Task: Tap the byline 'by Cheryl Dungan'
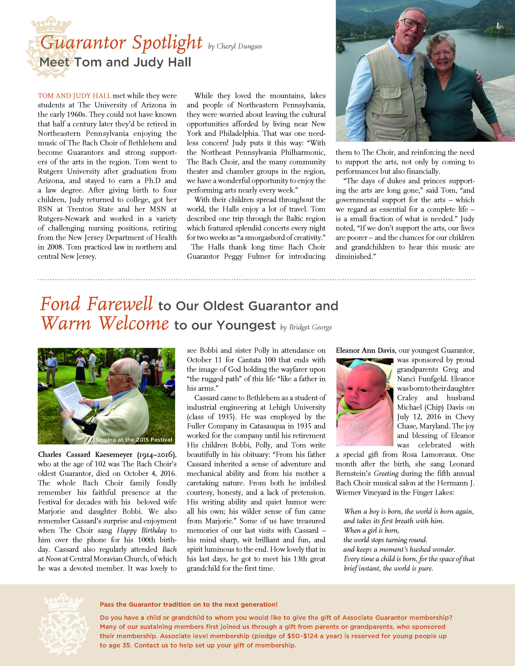coord(235,47)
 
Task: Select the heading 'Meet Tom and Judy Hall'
coord(115,62)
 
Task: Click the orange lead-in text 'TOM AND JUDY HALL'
coord(74,96)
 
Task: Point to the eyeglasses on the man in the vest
coord(413,24)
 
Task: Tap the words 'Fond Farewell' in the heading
coord(96,304)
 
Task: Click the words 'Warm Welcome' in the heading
coord(105,324)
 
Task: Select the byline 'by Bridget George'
coord(306,327)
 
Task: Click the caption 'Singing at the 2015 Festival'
coord(134,440)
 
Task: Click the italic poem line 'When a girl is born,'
coord(371,530)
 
